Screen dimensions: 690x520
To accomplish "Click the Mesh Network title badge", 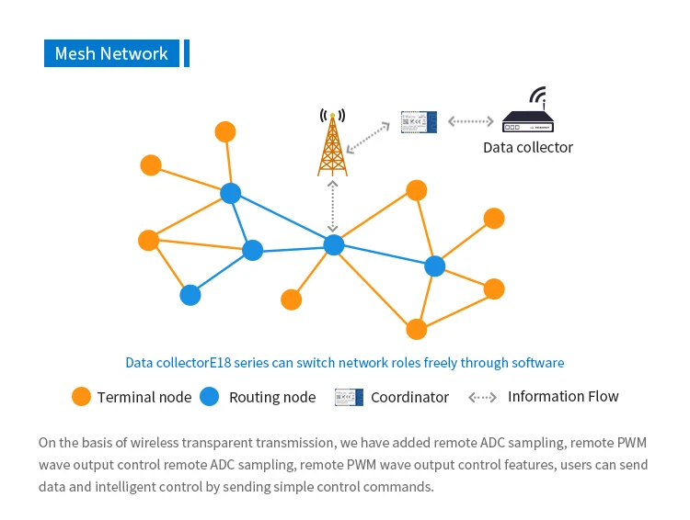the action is pos(111,53).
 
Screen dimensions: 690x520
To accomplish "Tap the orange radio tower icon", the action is pos(333,142).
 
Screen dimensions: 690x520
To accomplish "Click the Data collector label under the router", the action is pos(528,147).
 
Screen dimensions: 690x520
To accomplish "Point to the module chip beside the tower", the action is pos(419,122).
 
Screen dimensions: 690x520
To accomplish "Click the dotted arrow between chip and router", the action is pos(470,121).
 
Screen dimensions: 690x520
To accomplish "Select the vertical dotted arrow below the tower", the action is pos(333,206).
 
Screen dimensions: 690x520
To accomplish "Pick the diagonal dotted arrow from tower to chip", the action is pos(368,138).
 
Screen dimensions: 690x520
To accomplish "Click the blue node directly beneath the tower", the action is pos(334,244).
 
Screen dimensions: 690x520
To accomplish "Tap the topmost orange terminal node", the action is pos(225,132).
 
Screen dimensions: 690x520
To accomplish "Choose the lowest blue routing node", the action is pos(190,295).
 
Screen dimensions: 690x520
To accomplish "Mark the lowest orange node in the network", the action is pos(416,329).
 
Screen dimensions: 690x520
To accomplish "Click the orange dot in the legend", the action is pos(81,397).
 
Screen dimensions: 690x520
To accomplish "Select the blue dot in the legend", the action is pos(210,397).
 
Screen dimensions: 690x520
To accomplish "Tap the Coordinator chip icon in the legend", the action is pos(349,398).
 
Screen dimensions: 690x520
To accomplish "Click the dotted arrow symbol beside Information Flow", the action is pos(482,398).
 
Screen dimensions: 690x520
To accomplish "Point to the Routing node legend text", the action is pos(272,398).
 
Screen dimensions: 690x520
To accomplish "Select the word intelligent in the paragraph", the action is pos(125,487).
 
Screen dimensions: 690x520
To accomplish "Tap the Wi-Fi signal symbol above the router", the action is pos(538,96).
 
